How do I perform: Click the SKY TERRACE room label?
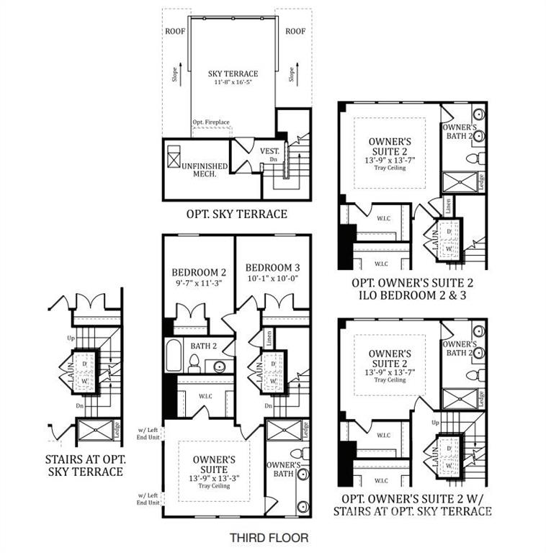point(233,73)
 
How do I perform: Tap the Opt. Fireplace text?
point(211,123)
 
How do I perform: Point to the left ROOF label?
point(175,31)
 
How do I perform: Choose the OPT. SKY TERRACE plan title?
point(236,214)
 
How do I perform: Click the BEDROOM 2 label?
point(199,272)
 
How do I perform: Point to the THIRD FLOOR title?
point(269,537)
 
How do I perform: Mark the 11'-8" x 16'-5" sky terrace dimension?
point(233,83)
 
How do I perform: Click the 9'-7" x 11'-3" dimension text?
point(199,283)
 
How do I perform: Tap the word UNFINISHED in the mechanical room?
point(205,166)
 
